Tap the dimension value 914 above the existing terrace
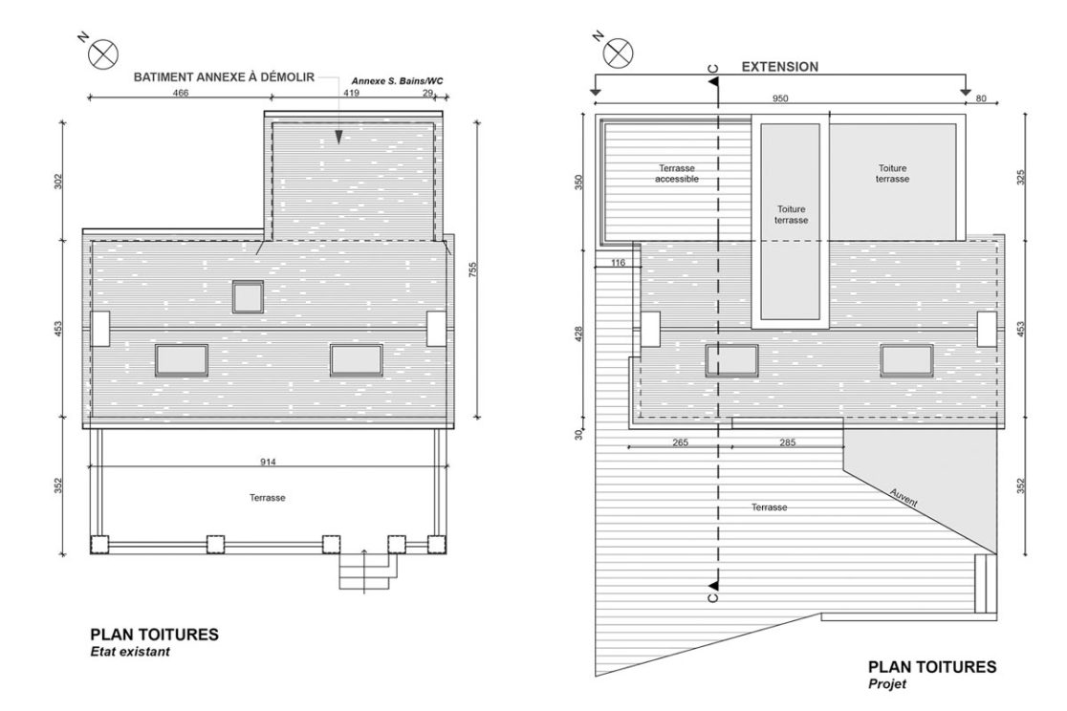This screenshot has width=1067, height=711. (269, 462)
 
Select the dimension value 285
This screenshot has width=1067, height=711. (788, 443)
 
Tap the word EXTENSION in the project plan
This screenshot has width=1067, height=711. (780, 68)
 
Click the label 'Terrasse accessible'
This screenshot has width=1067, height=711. (677, 173)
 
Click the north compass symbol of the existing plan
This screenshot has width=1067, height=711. (101, 53)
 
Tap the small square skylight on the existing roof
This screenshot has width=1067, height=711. (249, 296)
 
